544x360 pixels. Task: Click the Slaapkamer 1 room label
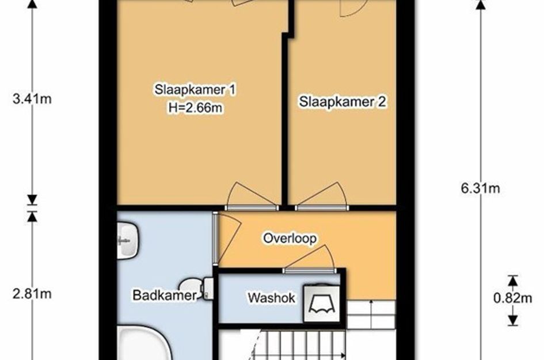pos(195,89)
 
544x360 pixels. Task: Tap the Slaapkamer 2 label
pos(343,102)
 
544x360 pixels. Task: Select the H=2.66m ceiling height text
pos(195,108)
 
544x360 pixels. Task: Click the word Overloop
pos(290,238)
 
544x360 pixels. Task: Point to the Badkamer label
pos(165,295)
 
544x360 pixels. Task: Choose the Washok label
pos(271,298)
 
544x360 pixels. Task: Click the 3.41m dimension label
pos(32,99)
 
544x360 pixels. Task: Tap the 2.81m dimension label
pos(32,294)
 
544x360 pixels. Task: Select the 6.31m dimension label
pos(481,188)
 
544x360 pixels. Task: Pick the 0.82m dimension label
pos(513,298)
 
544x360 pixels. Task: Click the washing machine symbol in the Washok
pos(322,303)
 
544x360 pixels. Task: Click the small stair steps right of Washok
pos(371,314)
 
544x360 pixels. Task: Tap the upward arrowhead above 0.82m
pos(513,280)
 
